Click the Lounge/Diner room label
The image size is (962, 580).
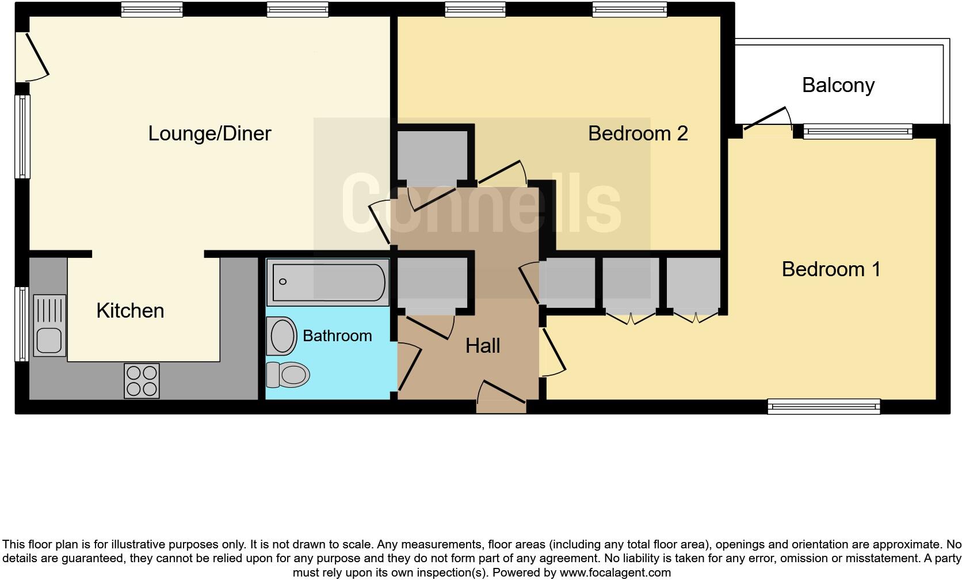209,133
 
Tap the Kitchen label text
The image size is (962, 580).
130,311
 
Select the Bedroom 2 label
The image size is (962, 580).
637,133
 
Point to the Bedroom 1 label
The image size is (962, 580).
831,269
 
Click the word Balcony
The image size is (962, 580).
838,85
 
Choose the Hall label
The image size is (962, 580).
482,346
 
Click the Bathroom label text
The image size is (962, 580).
337,335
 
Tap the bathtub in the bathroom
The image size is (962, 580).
328,282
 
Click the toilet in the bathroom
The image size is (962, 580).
288,375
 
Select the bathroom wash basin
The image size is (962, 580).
281,335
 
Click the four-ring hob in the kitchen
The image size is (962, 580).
142,381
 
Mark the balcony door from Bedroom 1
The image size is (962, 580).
767,121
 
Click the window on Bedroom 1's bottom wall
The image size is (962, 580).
824,407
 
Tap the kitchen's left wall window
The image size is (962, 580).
22,323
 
